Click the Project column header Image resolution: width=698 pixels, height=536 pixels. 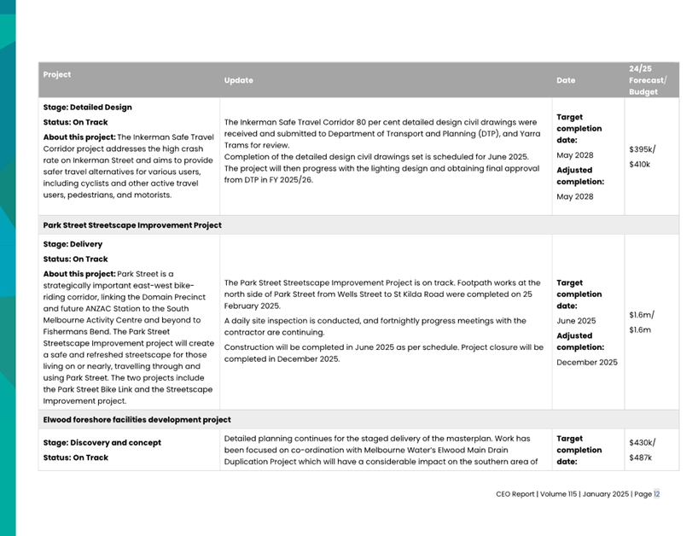click(57, 74)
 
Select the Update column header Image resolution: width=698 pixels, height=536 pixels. click(238, 80)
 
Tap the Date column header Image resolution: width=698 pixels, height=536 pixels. click(566, 80)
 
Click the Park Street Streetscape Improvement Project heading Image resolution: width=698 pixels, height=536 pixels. click(132, 225)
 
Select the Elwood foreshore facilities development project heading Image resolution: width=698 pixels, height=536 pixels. click(137, 420)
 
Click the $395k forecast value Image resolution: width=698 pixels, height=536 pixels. click(642, 149)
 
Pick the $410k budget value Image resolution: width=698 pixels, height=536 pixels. click(639, 164)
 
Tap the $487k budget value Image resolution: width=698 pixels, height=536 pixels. click(640, 457)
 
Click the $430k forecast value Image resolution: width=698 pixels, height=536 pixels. click(642, 443)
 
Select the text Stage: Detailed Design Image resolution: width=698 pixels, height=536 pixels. click(87, 108)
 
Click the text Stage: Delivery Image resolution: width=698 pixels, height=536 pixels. click(73, 244)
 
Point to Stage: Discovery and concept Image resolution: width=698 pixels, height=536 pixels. click(102, 443)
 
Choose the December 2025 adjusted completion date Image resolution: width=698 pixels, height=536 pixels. click(586, 362)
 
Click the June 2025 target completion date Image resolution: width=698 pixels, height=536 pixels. click(576, 321)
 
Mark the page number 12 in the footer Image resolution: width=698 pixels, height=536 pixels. click(657, 494)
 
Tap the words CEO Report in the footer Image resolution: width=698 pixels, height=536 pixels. click(515, 494)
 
